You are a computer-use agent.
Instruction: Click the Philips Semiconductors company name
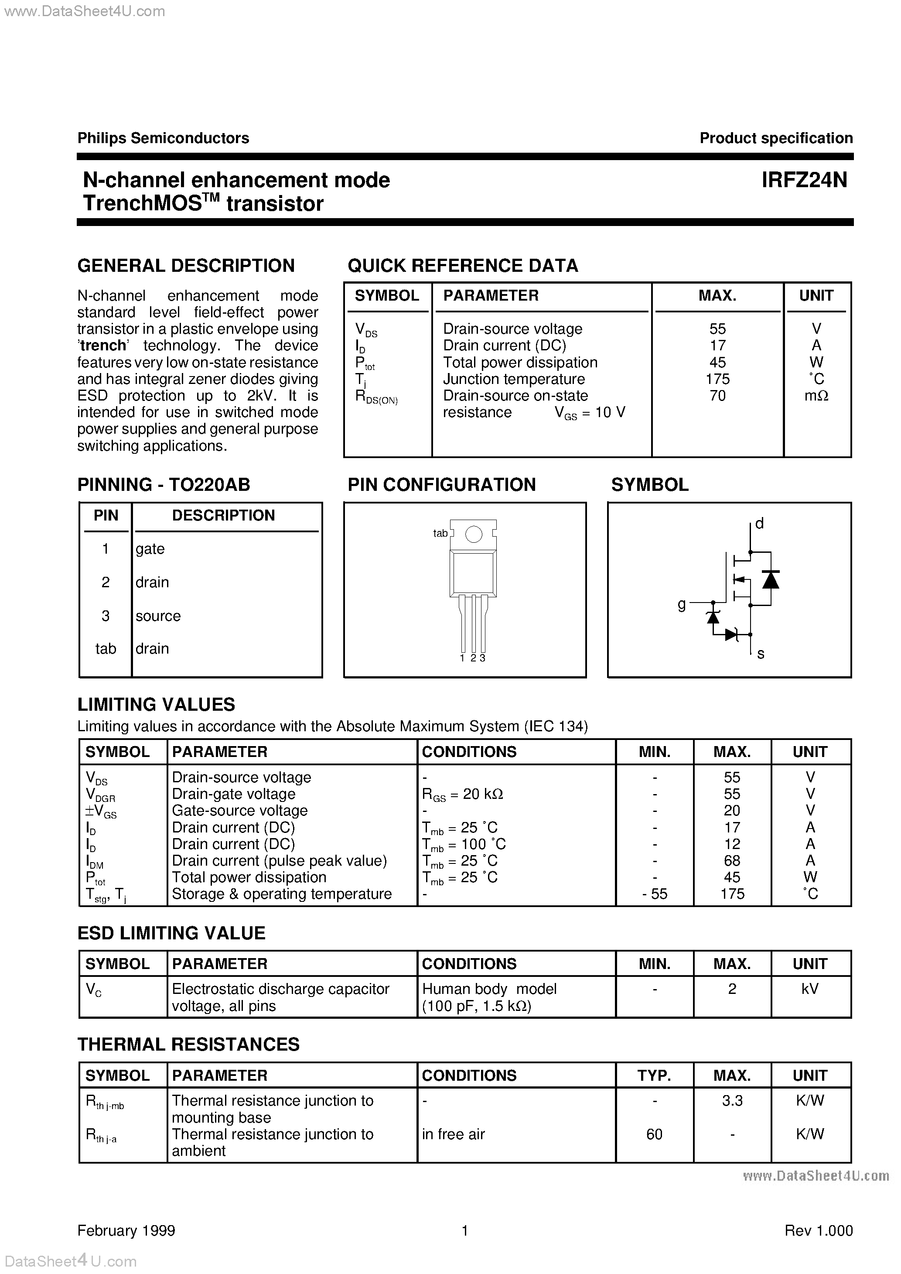pos(163,138)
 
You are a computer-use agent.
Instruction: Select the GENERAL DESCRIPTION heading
pos(186,266)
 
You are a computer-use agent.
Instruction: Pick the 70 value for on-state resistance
pos(717,396)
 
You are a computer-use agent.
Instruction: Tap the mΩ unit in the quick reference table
pos(816,396)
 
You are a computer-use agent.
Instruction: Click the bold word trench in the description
pos(103,346)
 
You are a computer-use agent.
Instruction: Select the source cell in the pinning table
pos(158,616)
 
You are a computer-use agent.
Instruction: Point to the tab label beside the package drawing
pos(440,533)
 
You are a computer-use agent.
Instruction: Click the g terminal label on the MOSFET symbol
pos(682,604)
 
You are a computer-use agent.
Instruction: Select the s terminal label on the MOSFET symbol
pos(761,654)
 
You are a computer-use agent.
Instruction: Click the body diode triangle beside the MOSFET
pos(770,579)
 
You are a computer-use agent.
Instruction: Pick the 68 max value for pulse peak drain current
pos(732,861)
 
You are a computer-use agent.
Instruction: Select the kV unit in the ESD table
pos(809,989)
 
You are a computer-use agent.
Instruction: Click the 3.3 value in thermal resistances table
pos(732,1100)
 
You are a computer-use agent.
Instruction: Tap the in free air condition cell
pos(453,1134)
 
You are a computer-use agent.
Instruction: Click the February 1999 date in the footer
pos(126,1231)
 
